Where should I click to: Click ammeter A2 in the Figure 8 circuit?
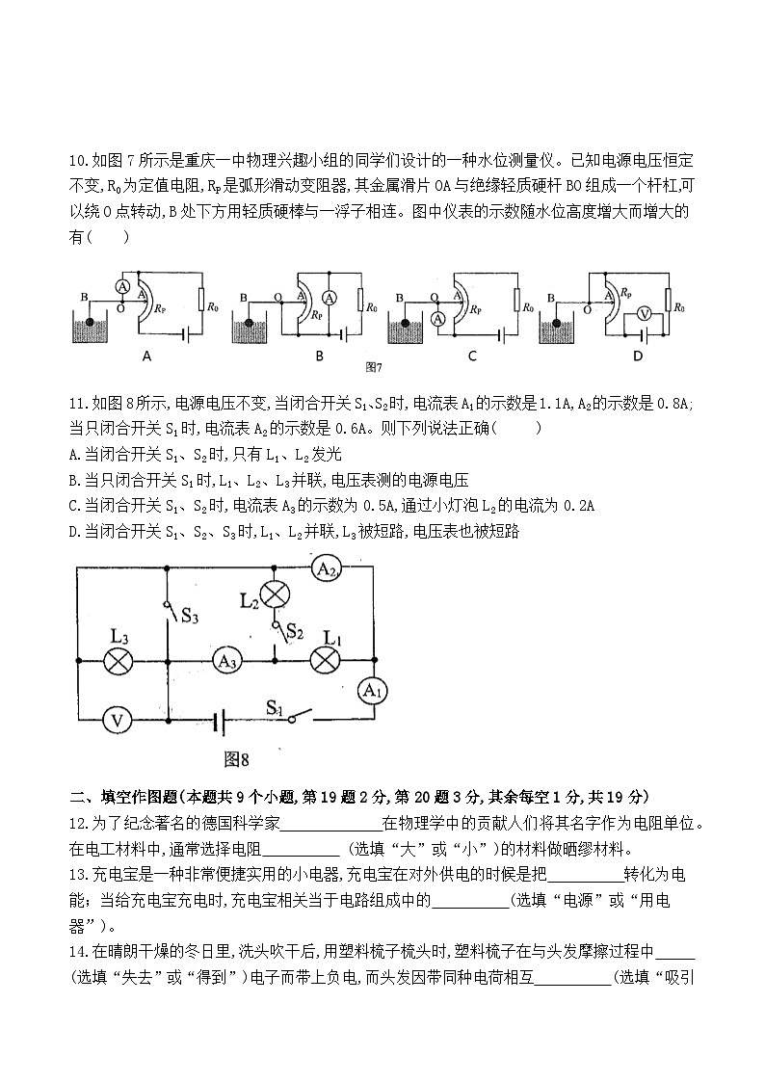coord(327,569)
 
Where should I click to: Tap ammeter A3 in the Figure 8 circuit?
coord(227,661)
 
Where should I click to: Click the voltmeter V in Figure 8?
coord(117,720)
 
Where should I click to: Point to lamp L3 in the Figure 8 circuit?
coord(118,661)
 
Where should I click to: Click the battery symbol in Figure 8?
coord(222,720)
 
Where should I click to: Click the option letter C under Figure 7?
coord(472,356)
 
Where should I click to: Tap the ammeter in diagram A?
coord(122,286)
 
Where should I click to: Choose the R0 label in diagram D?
coord(679,307)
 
